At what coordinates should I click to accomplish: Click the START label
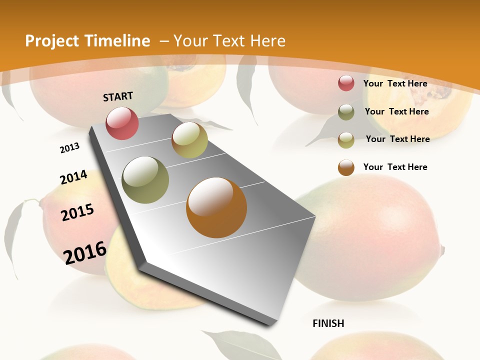coord(118,96)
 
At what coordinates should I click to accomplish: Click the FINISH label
coord(328,323)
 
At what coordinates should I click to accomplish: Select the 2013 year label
coord(69,148)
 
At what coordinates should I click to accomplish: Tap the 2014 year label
coord(73,177)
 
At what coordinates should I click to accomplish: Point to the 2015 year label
coord(77,212)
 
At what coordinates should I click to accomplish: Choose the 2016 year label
coord(85,252)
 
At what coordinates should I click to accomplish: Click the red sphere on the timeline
coord(122,123)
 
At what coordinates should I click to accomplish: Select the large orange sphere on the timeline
coord(216,207)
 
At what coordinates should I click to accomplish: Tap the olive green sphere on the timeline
coord(145,180)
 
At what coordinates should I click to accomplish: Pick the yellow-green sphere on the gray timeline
coord(189,140)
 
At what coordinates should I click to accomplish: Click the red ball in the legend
coord(346,83)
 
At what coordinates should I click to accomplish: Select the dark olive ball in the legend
coord(346,112)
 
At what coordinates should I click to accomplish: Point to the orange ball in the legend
coord(346,167)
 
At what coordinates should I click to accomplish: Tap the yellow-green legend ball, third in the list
coord(346,139)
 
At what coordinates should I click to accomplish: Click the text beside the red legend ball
coord(395,83)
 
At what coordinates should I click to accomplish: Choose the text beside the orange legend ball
coord(395,167)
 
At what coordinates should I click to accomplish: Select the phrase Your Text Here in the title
coord(229,41)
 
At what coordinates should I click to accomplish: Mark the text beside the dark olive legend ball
coord(396,111)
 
